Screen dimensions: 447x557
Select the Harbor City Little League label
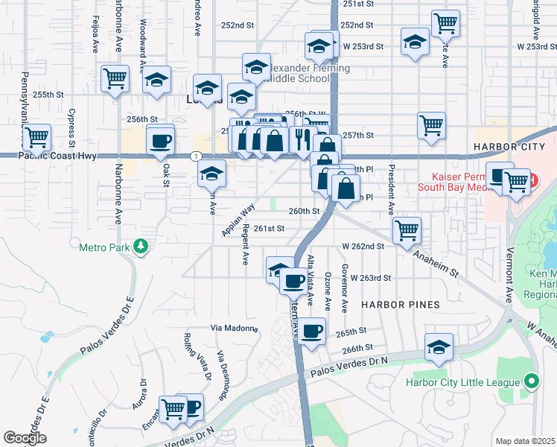(x=462, y=383)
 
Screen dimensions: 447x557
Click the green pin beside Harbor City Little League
(x=530, y=382)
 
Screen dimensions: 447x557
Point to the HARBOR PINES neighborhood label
(x=401, y=305)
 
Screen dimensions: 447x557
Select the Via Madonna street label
(x=235, y=328)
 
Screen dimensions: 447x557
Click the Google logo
(x=25, y=438)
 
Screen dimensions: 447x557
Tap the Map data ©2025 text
(x=525, y=441)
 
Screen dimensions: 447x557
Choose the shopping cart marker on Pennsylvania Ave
(x=36, y=138)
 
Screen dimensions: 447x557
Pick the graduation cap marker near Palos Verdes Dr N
(x=439, y=347)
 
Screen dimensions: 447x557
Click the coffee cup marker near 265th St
(x=313, y=329)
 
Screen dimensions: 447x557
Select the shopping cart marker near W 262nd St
(x=407, y=230)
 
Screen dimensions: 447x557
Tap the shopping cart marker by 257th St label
(x=431, y=126)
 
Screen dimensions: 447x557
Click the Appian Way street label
(x=238, y=220)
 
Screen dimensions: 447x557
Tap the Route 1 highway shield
(x=195, y=155)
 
